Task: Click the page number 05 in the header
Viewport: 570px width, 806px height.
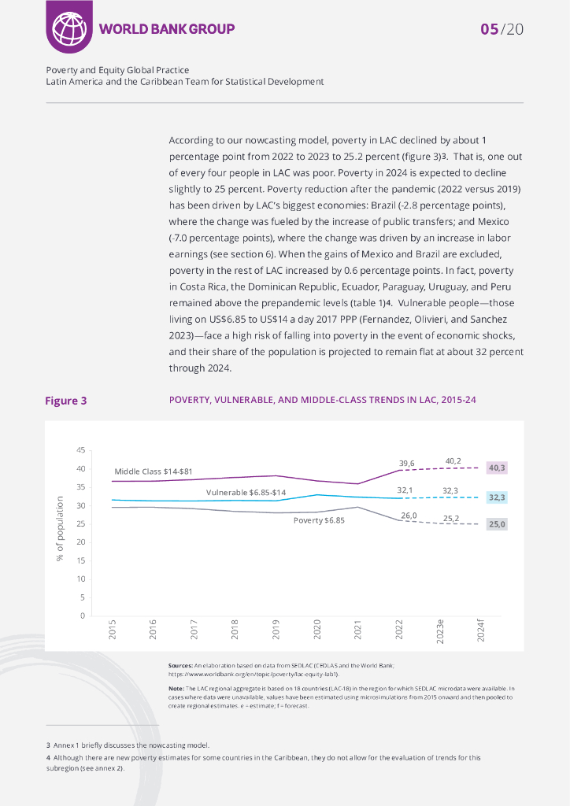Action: coord(490,29)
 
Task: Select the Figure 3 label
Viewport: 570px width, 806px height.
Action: coord(65,401)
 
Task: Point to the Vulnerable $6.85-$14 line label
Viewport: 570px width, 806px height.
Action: coord(246,492)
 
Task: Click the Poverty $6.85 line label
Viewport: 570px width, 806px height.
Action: coord(319,521)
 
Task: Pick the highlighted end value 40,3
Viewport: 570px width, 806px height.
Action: coord(498,468)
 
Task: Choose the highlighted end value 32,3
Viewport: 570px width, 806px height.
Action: coord(498,497)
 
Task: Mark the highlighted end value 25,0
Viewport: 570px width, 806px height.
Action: coord(498,523)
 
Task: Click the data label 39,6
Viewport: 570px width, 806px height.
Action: coord(407,463)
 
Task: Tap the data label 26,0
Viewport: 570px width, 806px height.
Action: coord(409,516)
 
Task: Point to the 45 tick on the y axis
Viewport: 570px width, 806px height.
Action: coord(80,450)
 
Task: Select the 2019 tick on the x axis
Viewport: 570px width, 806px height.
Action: coord(276,629)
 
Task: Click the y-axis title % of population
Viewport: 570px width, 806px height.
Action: coord(60,528)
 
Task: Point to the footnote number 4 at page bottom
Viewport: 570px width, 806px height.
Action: coord(48,757)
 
